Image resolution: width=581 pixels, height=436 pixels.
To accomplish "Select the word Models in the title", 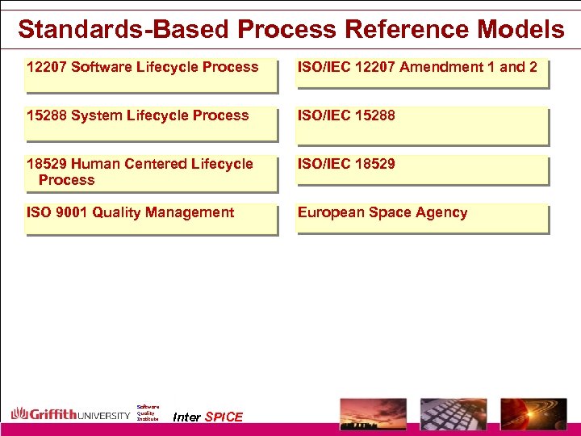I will pos(520,30).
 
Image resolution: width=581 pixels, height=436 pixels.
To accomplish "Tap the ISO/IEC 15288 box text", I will pos(346,115).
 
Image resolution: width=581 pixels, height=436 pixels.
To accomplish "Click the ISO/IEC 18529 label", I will pos(346,164).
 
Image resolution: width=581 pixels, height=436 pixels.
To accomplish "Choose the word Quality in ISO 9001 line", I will pos(116,212).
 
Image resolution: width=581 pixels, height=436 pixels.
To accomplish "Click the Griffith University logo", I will pos(70,414).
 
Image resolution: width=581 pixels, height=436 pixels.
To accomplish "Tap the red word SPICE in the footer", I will pos(224,417).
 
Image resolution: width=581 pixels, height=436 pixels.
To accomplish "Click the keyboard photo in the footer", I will pos(454,413).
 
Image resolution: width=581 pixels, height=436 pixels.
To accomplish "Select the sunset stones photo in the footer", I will pos(373,413).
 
